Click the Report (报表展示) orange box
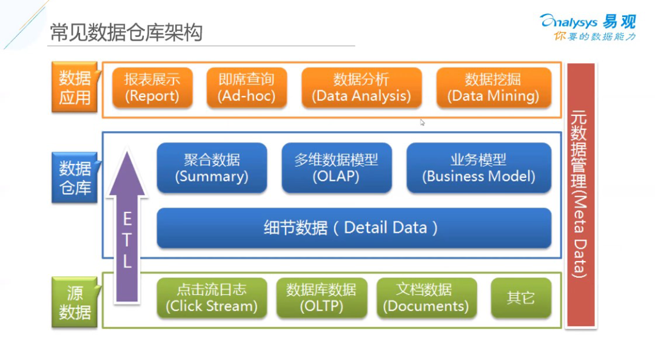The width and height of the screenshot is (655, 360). coord(152,88)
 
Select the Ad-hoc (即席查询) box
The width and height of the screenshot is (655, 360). coord(246,88)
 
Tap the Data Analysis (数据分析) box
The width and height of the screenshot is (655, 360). coord(361,88)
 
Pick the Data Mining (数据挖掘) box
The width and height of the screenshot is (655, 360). coord(493,88)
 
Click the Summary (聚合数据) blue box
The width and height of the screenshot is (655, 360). coord(212,168)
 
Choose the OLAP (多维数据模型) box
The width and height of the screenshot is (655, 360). coord(337,168)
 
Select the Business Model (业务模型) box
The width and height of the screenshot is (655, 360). coord(479,168)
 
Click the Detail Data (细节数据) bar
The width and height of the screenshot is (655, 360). coord(354,228)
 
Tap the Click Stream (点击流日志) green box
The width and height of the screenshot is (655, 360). coord(212,298)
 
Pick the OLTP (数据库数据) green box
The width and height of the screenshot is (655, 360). coord(321,298)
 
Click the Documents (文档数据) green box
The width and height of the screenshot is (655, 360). coord(426,298)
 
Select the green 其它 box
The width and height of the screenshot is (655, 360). coord(521,298)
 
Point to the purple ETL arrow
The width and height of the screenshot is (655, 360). coord(127,226)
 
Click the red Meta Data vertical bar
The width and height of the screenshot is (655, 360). coord(580,195)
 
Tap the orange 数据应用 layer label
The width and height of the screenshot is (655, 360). coord(75,87)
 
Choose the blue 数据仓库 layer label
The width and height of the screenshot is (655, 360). coord(75,178)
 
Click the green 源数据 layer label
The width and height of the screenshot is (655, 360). coord(75,302)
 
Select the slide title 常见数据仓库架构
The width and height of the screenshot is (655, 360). coord(126,33)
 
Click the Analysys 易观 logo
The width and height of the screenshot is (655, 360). coord(588,27)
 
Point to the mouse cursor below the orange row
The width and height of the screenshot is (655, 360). coord(422,123)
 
